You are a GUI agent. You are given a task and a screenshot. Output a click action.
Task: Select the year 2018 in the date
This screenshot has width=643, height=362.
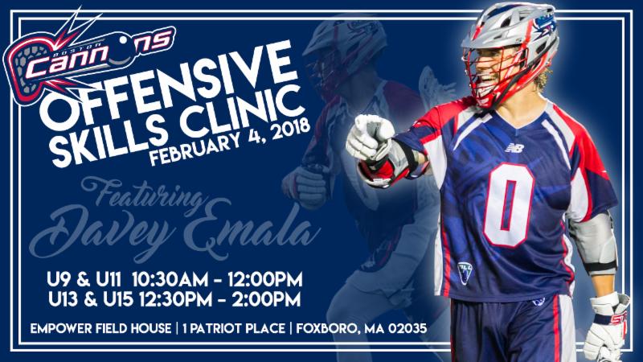tap(291, 130)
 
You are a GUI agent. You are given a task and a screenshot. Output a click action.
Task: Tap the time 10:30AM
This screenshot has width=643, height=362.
tap(170, 280)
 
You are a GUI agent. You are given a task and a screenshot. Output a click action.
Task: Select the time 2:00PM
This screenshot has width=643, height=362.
tap(266, 299)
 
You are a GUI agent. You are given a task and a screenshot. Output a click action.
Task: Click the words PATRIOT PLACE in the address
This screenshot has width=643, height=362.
tap(239, 328)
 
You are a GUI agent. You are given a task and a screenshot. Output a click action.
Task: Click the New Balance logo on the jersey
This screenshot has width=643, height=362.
tap(514, 148)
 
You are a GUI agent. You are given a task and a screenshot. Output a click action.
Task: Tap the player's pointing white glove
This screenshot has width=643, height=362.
tap(369, 138)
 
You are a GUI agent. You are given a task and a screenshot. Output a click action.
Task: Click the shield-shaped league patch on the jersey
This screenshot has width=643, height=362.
tap(465, 273)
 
